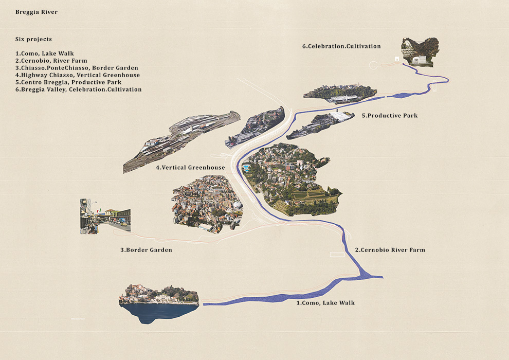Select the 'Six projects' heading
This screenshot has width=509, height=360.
(x=33, y=39)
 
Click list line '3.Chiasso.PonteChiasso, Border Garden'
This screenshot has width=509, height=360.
(x=77, y=68)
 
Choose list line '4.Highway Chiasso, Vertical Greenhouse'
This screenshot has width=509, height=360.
(x=78, y=75)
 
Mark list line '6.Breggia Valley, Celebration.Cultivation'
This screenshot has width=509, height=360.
(x=78, y=89)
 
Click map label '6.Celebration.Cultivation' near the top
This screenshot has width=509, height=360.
(x=341, y=46)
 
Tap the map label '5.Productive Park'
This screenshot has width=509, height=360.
(x=389, y=116)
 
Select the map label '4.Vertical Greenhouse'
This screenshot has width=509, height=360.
(x=190, y=168)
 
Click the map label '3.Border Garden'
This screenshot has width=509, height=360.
(x=146, y=250)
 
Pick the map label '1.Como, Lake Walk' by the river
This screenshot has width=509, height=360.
(x=325, y=303)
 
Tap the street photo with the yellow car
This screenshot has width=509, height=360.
(x=105, y=217)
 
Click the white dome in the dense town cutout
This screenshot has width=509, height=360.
(x=238, y=205)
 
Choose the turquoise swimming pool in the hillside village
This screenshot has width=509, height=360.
(x=246, y=168)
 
